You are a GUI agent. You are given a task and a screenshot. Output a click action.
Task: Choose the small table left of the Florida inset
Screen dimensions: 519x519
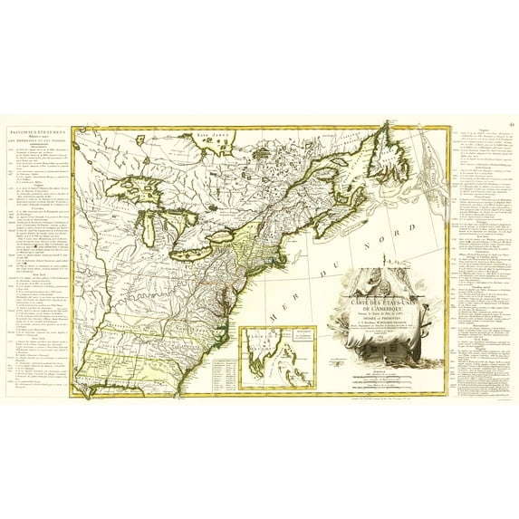tap(223, 372)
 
